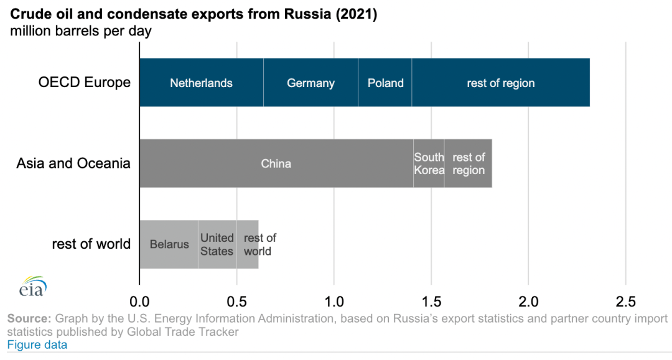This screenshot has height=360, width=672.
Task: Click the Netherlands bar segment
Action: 201,83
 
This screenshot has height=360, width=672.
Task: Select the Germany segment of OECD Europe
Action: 310,83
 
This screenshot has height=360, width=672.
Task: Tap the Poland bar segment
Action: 385,83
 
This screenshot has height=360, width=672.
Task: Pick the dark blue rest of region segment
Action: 500,83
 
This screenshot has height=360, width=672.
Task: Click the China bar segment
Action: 276,164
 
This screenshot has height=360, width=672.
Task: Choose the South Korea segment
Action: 429,164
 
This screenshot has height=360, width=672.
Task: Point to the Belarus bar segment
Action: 169,244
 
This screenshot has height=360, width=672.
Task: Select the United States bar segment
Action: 217,244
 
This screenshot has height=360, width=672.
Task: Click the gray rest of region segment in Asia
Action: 468,164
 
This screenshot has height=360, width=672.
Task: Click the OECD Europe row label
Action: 85,83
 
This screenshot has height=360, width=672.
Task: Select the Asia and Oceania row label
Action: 73,164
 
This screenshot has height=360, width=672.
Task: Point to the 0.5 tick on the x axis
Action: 236,302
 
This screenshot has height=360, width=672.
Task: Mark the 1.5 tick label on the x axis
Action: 431,302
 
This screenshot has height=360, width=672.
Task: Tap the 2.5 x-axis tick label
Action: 625,302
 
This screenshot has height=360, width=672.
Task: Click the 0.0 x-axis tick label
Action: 139,302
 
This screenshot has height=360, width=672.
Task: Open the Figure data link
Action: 37,344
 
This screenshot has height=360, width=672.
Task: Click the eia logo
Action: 32,287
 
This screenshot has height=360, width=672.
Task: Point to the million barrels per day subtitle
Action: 81,31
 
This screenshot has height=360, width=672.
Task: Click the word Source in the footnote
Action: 29,319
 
